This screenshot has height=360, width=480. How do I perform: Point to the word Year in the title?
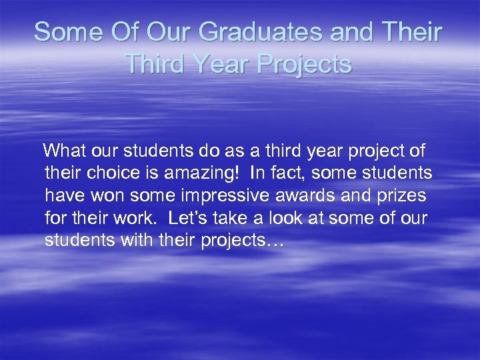tap(217, 64)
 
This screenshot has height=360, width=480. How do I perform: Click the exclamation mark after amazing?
tap(234, 173)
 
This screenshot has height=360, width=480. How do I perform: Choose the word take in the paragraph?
tap(235, 218)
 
